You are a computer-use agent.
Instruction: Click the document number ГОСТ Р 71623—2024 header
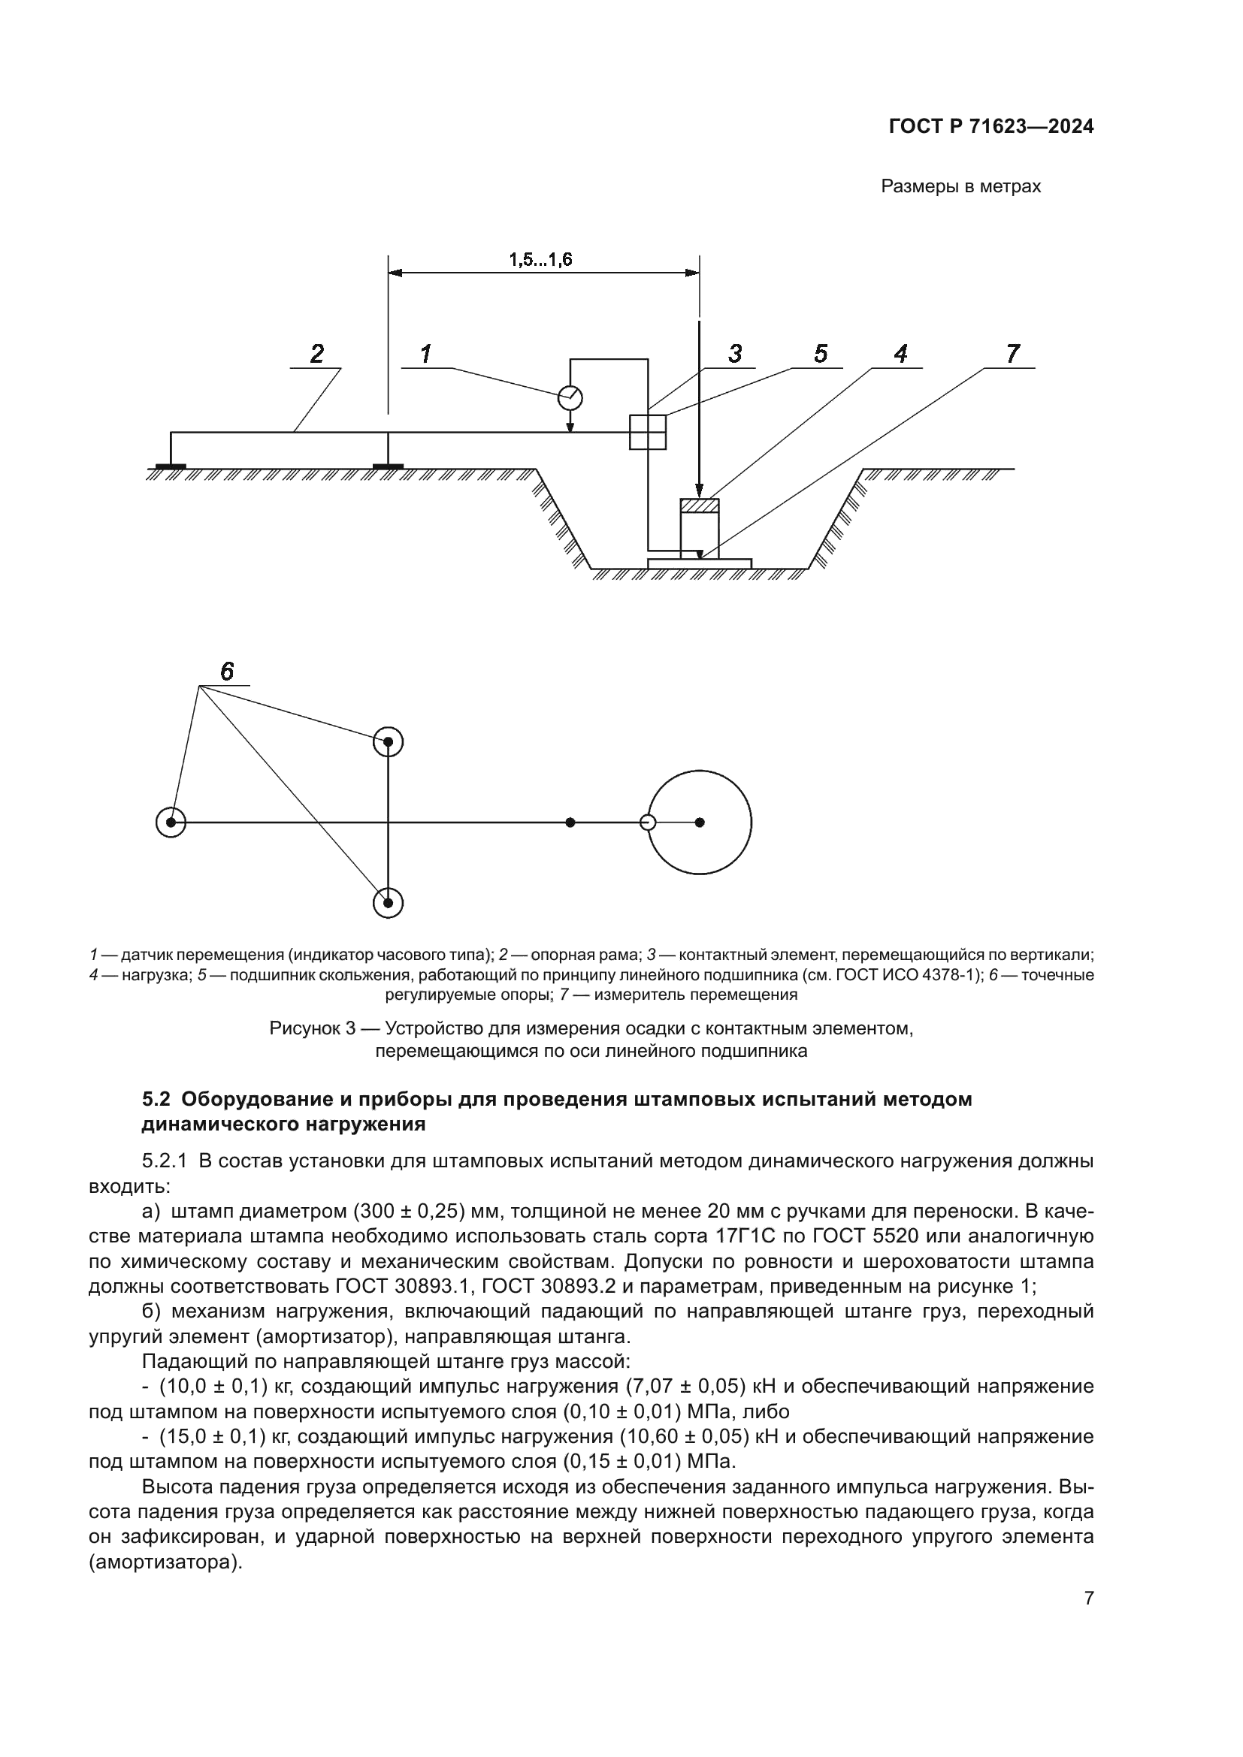990,127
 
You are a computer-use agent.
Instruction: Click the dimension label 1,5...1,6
540,259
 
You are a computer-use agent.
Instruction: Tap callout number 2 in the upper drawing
316,354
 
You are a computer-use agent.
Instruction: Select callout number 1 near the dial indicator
426,354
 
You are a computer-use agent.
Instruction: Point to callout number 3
735,354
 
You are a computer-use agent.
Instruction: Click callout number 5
821,354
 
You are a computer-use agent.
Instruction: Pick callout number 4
900,354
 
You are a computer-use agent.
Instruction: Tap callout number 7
1012,354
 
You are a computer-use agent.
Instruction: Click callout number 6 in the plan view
227,671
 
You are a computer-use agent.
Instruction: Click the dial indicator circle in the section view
570,398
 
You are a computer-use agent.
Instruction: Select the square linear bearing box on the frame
648,433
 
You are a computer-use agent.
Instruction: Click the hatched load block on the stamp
700,505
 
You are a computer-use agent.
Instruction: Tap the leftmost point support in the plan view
171,823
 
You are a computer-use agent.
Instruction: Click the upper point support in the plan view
388,741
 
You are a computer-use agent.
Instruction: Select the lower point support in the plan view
388,903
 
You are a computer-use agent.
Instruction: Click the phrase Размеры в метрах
960,187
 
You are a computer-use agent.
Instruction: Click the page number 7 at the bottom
1088,1598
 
